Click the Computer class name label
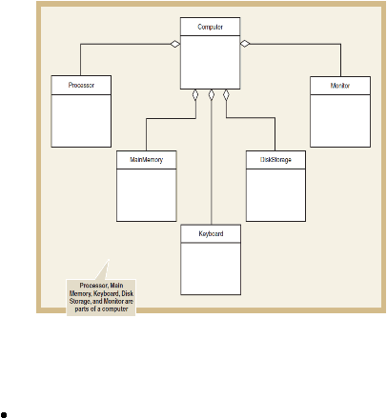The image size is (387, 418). pyautogui.click(x=210, y=27)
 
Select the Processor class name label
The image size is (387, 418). pyautogui.click(x=81, y=85)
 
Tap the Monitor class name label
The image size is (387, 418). pyautogui.click(x=340, y=86)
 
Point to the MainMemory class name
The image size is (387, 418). pyautogui.click(x=147, y=159)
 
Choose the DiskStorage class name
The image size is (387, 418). pyautogui.click(x=275, y=159)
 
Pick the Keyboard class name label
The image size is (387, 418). pyautogui.click(x=211, y=233)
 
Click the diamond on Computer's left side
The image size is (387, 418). pyautogui.click(x=175, y=44)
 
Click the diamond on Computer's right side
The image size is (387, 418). pyautogui.click(x=245, y=44)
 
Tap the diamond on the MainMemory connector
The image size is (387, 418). pyautogui.click(x=195, y=95)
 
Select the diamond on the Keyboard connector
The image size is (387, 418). pyautogui.click(x=212, y=95)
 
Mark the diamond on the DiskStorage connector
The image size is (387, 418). pyautogui.click(x=226, y=95)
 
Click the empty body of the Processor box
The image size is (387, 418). pyautogui.click(x=81, y=121)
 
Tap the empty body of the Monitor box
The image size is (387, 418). pyautogui.click(x=340, y=121)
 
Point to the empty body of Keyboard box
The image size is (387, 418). pyautogui.click(x=211, y=269)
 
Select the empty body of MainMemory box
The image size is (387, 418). pyautogui.click(x=147, y=195)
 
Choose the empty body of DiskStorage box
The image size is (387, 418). pyautogui.click(x=275, y=195)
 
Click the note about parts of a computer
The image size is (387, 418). pyautogui.click(x=101, y=297)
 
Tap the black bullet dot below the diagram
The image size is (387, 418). pyautogui.click(x=4, y=414)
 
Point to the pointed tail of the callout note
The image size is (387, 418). pyautogui.click(x=109, y=260)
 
